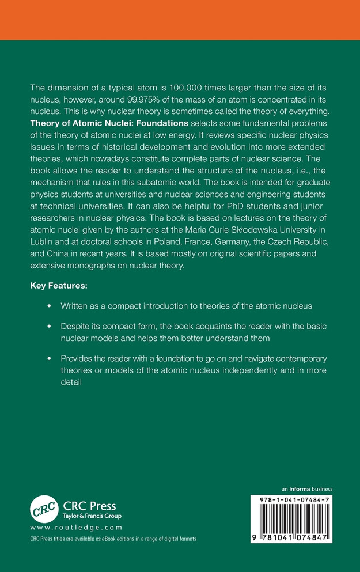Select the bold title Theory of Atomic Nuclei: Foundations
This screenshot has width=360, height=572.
(109, 123)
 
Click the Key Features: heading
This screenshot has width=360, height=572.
(58, 285)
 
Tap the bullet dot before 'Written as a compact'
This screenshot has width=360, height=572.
(49, 305)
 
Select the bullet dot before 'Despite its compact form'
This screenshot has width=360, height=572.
(49, 327)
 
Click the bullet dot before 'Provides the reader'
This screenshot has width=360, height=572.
(49, 358)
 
